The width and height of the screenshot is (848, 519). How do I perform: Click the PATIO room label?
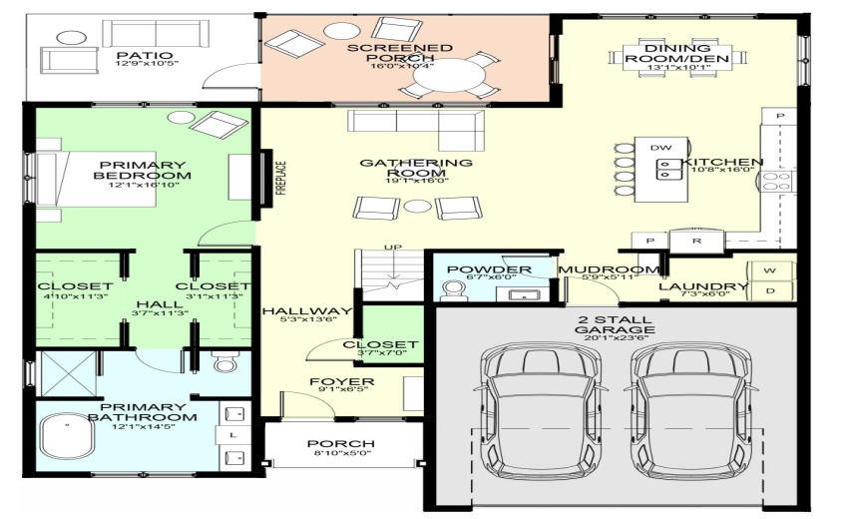click(x=145, y=55)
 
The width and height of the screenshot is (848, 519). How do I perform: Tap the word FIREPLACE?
click(x=280, y=178)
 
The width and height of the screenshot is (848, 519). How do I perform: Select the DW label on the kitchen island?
click(x=660, y=147)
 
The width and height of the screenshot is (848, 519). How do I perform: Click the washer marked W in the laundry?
click(x=770, y=270)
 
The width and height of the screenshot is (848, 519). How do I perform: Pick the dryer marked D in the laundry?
click(x=770, y=290)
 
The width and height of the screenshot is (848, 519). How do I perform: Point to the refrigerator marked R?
click(x=696, y=241)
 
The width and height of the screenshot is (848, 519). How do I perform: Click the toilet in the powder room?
click(x=452, y=290)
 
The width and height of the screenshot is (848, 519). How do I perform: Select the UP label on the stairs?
click(x=393, y=248)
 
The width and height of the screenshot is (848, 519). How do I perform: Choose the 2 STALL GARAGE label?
click(x=615, y=324)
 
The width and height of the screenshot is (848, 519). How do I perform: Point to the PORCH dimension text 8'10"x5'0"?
click(x=341, y=453)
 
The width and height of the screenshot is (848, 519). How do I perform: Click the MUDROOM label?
click(x=609, y=269)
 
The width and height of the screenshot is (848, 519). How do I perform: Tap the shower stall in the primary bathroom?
click(x=69, y=373)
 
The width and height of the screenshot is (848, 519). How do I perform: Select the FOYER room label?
click(x=342, y=382)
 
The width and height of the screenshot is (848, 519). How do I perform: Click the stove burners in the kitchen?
click(x=776, y=181)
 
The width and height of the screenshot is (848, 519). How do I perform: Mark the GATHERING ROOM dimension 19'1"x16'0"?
click(x=416, y=181)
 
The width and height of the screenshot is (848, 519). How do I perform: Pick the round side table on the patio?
click(x=72, y=38)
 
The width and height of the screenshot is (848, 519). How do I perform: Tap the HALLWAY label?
click(x=307, y=311)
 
